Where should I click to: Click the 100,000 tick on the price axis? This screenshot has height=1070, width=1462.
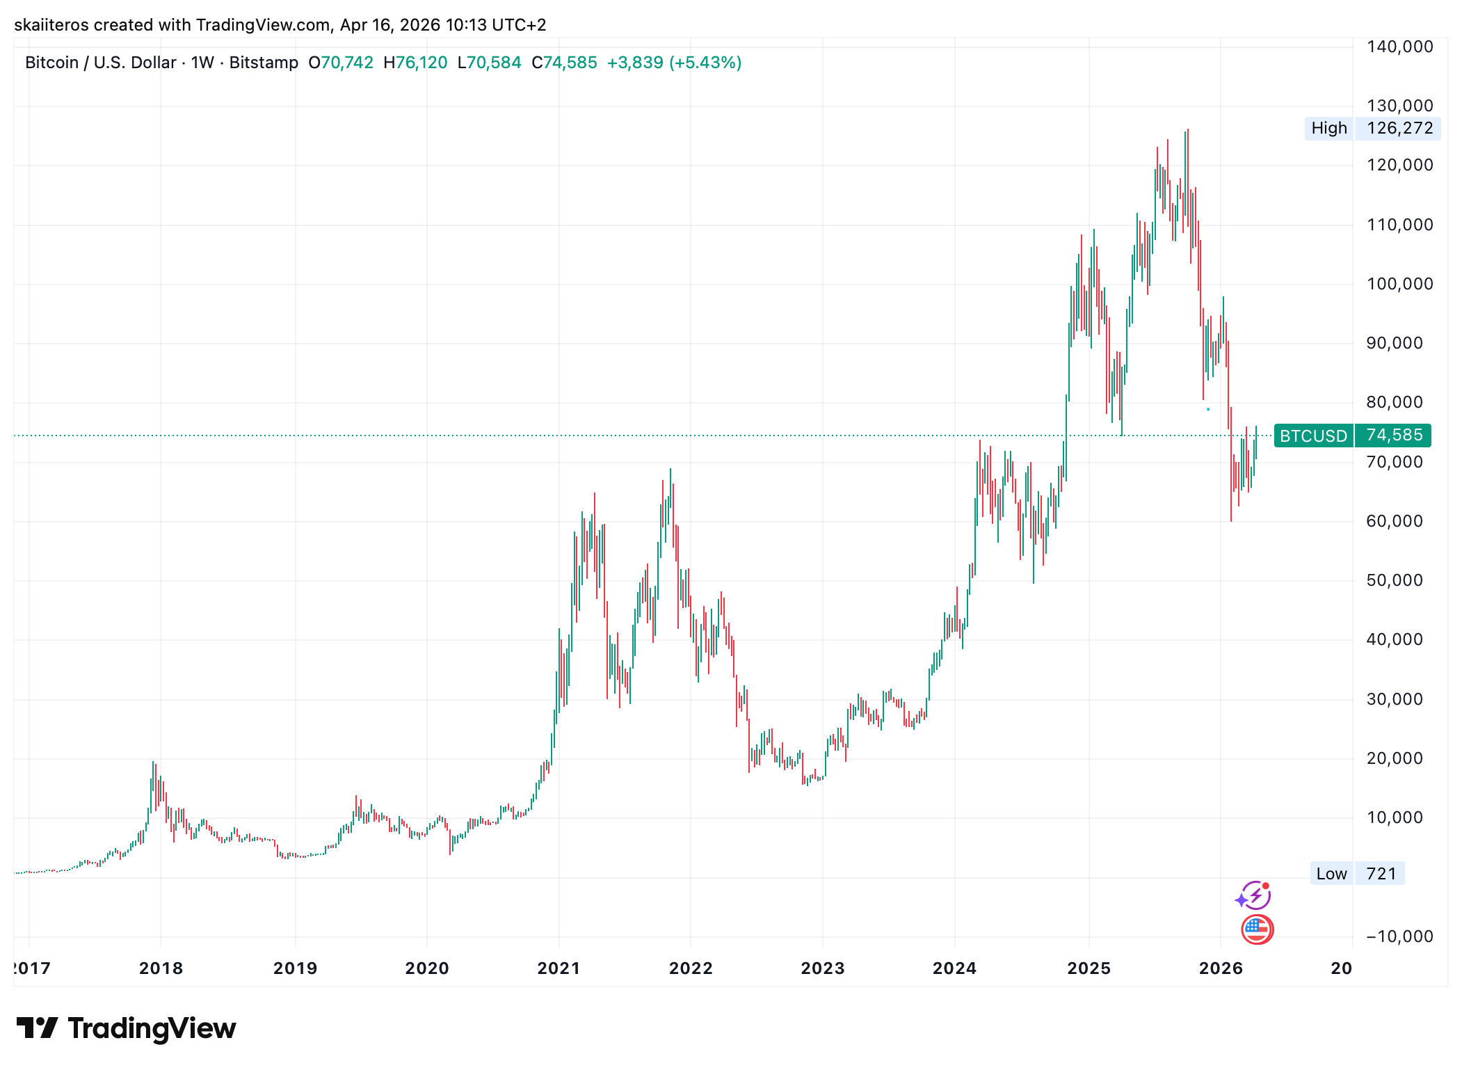(1399, 284)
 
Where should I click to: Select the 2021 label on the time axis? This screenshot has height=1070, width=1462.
(559, 968)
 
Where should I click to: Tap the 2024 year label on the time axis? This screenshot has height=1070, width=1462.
(954, 968)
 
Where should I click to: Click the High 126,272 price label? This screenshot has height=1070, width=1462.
(1372, 128)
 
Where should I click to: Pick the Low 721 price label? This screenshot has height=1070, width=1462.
(1356, 874)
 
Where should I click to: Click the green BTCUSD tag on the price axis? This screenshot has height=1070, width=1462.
(1313, 436)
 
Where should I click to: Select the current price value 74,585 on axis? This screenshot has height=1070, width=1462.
(1394, 436)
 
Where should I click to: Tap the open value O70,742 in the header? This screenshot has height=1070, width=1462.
(341, 63)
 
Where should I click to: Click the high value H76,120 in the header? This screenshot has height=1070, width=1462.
(415, 63)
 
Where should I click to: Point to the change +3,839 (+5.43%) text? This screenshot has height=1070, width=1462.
(674, 63)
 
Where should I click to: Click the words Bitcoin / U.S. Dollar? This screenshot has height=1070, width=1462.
(100, 63)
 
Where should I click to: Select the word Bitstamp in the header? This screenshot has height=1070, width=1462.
(264, 63)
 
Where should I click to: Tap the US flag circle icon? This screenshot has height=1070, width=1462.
(1257, 929)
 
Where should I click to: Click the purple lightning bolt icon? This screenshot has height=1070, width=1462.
(1254, 895)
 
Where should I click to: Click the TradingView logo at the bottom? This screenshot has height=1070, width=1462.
(126, 1028)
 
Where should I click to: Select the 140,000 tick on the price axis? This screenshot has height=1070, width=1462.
(1399, 47)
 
